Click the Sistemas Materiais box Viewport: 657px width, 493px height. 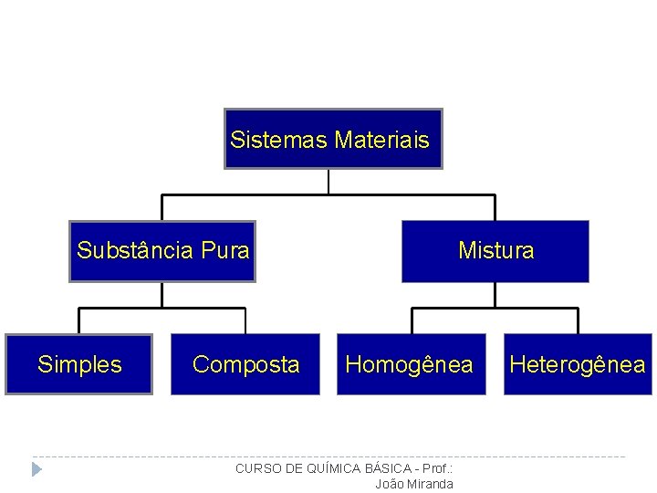(x=333, y=139)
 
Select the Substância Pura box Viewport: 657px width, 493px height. (x=162, y=251)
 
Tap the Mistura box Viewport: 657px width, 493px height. (x=495, y=251)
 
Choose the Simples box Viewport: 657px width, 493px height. (x=79, y=364)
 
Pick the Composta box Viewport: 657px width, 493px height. (x=245, y=364)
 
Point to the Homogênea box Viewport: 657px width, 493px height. (x=409, y=364)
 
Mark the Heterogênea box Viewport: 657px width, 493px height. (x=578, y=364)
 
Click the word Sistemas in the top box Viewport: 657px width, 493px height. (x=279, y=140)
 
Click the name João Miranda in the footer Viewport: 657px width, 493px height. (x=414, y=484)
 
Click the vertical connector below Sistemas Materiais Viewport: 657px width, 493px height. (x=328, y=182)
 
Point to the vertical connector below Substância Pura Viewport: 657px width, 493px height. (x=162, y=295)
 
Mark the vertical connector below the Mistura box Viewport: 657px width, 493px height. (x=495, y=295)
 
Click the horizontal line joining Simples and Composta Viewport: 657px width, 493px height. (x=162, y=309)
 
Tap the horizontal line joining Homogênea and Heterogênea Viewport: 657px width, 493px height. (x=495, y=309)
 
